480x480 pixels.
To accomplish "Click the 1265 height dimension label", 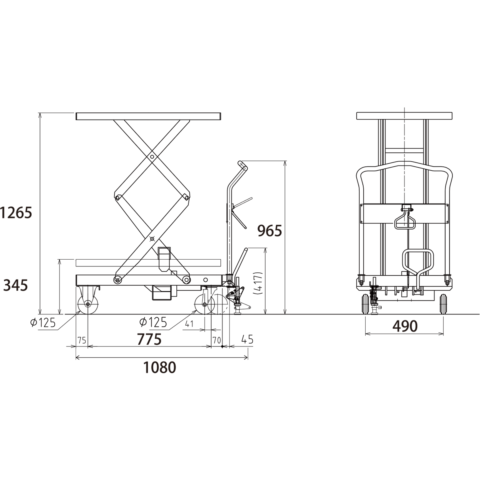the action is (x=16, y=213).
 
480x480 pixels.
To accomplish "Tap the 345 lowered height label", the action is (x=16, y=286).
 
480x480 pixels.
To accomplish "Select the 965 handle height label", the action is (x=270, y=231).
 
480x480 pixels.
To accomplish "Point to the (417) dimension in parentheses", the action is (x=258, y=284).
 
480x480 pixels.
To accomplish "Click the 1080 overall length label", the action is (x=160, y=368).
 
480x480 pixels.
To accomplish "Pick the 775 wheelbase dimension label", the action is (x=149, y=339).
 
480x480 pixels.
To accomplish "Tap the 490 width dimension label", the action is (x=405, y=326).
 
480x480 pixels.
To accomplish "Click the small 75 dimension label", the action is (x=82, y=340).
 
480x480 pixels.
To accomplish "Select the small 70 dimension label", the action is (x=217, y=340).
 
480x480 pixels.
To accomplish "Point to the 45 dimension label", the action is (x=247, y=339).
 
